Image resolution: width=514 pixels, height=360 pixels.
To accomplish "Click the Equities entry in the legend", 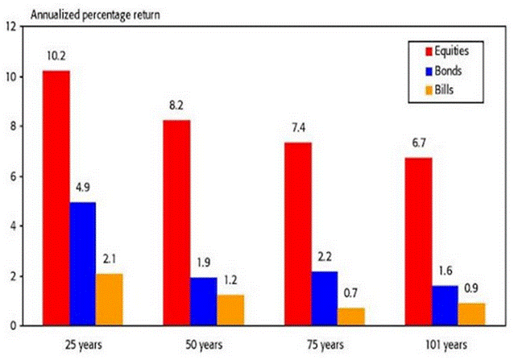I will coord(448,50).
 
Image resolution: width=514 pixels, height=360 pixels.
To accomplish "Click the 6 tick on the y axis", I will coord(11,176).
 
